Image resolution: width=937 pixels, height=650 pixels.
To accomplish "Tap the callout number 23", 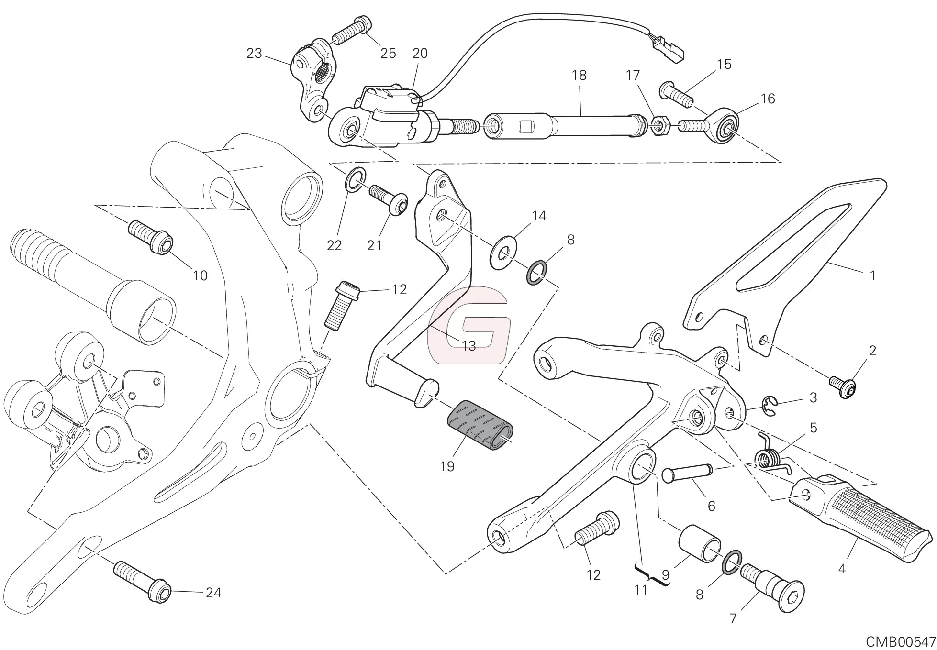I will (x=254, y=54).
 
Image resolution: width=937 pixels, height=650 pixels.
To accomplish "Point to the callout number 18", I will (x=579, y=76).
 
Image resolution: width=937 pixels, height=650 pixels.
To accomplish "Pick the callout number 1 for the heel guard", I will (x=872, y=275).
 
